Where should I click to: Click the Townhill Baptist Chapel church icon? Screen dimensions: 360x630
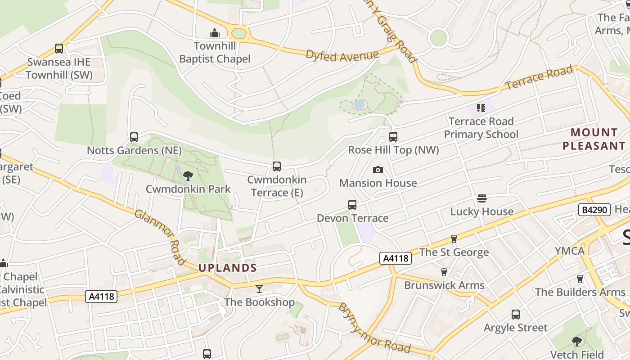click(215, 33)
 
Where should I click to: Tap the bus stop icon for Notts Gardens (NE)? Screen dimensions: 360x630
click(134, 137)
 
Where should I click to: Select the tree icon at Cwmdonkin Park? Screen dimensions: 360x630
click(188, 176)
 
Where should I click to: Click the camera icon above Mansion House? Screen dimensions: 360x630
click(378, 170)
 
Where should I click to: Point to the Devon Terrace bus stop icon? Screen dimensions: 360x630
click(352, 205)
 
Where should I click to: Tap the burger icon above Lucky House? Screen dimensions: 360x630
click(481, 198)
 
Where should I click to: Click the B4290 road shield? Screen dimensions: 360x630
click(594, 209)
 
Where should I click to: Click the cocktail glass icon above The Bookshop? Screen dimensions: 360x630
click(259, 288)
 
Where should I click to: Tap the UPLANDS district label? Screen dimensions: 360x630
click(228, 268)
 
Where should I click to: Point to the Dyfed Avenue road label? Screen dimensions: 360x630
click(342, 55)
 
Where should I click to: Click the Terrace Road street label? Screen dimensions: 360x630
click(540, 77)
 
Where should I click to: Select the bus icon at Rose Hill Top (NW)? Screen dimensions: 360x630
click(393, 136)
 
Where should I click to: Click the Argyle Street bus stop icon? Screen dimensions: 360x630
click(516, 315)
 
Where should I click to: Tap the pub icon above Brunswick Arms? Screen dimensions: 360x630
click(444, 272)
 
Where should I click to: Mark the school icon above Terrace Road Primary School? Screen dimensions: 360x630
click(481, 108)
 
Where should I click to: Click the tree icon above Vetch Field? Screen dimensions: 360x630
click(576, 341)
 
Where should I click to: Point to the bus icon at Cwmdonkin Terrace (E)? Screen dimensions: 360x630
click(277, 166)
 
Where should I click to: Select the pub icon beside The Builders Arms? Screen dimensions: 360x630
click(580, 279)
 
